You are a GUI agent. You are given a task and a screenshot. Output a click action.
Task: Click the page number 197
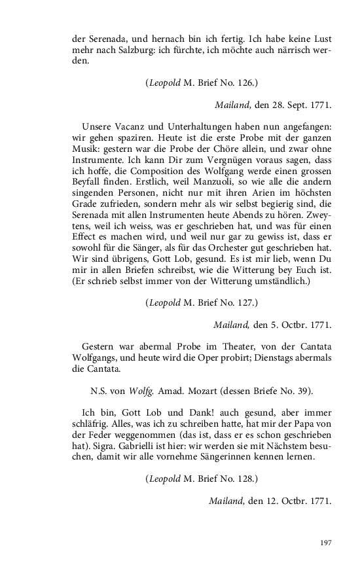click(x=325, y=543)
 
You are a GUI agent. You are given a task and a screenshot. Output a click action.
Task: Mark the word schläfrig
click(x=89, y=425)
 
